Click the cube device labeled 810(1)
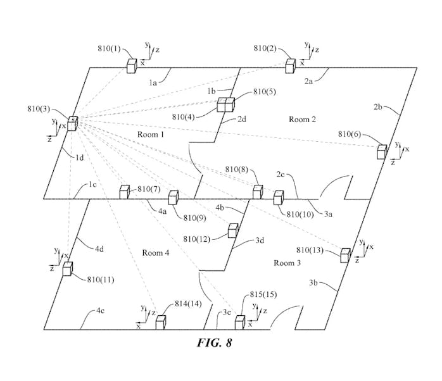coord(132,66)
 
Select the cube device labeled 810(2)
coord(291,66)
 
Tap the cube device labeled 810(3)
coord(72,123)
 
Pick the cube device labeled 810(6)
coord(382,152)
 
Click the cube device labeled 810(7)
coord(125,192)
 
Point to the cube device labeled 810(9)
coord(174,197)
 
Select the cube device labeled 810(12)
coord(233,230)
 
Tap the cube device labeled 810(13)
coord(346,255)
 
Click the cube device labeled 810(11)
coord(68,268)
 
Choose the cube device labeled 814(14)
coord(161,322)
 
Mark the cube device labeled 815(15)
coord(240,322)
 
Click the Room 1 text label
coord(151,134)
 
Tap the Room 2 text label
coord(302,119)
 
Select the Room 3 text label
coord(287,263)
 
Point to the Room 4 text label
coord(156,253)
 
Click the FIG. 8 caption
coord(215,342)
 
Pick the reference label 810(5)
coord(265,92)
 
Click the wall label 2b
coord(378,107)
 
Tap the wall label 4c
coord(100,311)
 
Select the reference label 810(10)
coord(300,215)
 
